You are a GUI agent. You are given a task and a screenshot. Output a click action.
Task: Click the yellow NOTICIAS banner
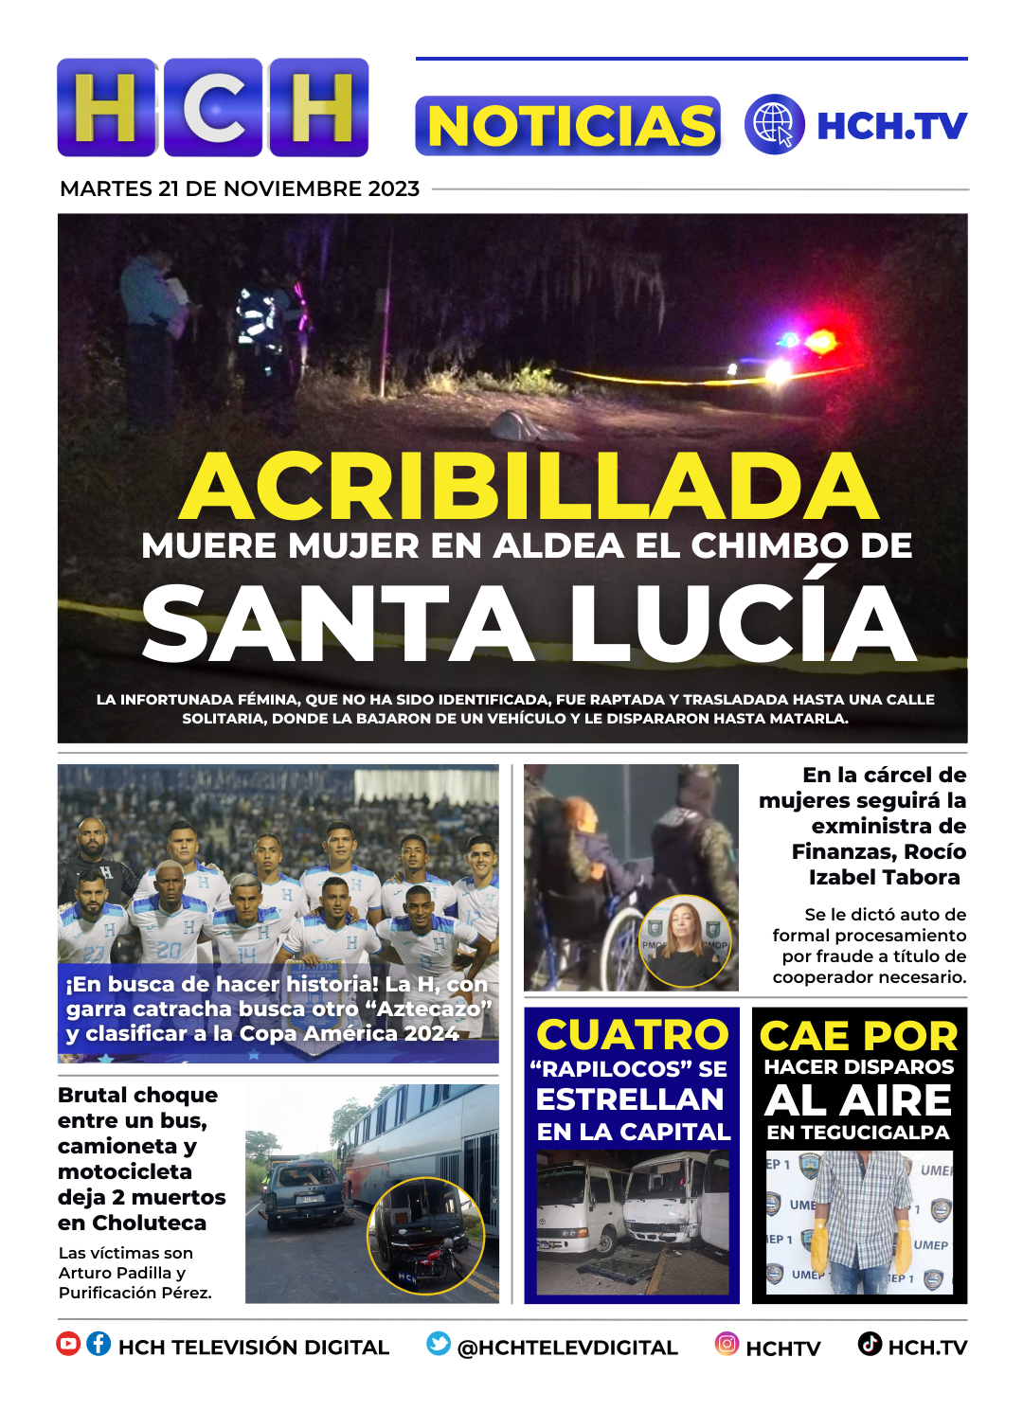[x=568, y=126]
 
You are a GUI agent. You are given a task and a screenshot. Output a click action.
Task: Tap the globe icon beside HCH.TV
[x=774, y=124]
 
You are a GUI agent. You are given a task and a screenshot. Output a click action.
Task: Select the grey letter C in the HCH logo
[x=213, y=107]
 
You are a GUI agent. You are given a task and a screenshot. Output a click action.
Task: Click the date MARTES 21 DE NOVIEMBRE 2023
[x=240, y=188]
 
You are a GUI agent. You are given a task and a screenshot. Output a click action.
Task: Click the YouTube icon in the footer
[x=68, y=1344]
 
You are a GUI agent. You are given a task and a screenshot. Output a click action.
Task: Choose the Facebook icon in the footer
[x=99, y=1344]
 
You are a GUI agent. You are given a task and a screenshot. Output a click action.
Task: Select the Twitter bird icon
[x=439, y=1344]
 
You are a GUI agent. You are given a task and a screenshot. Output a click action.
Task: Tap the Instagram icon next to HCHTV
[x=727, y=1344]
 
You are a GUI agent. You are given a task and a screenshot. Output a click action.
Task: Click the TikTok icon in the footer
[x=870, y=1344]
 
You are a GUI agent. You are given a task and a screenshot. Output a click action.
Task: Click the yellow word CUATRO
[x=632, y=1034]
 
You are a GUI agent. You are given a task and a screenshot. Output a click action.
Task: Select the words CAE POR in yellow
[x=858, y=1036]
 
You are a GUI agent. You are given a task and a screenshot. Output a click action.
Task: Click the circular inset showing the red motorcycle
[x=426, y=1237]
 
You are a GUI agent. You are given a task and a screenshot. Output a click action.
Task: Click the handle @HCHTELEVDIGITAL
[x=567, y=1348]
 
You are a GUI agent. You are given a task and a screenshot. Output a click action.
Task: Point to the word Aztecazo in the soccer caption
[x=429, y=1009]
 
